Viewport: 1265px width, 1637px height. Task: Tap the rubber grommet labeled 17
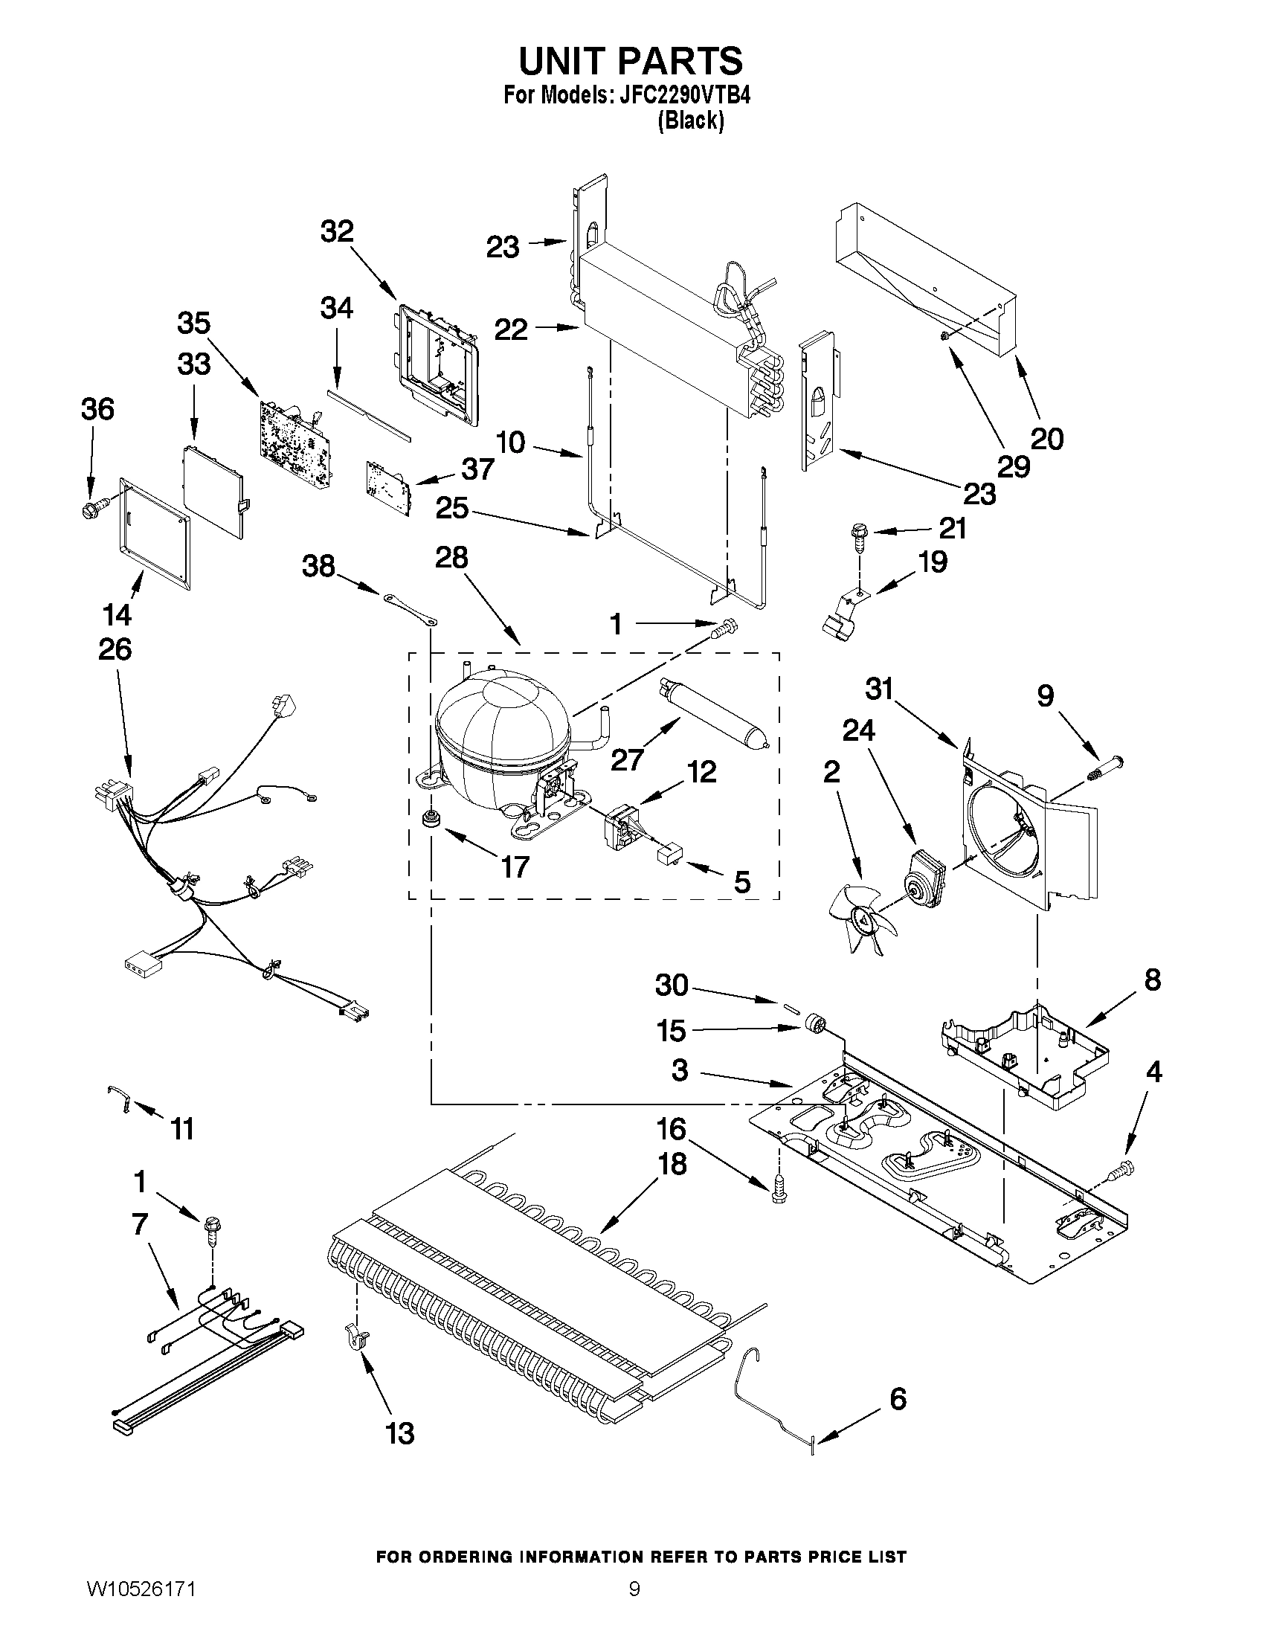click(x=431, y=820)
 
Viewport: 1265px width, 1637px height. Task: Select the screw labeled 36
click(x=92, y=511)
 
